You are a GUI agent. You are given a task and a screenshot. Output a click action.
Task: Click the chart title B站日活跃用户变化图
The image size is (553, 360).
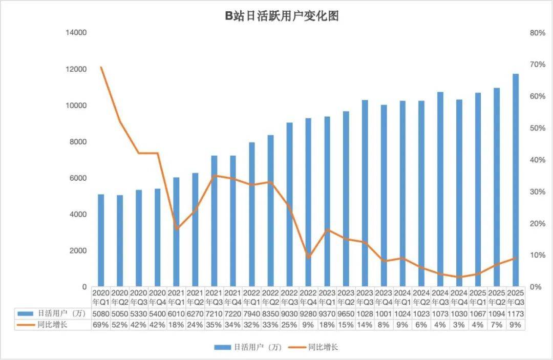pyautogui.click(x=282, y=16)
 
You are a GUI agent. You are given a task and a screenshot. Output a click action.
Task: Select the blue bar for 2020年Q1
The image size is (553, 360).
pyautogui.click(x=101, y=240)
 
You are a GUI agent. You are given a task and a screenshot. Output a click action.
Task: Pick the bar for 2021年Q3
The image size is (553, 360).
pyautogui.click(x=214, y=221)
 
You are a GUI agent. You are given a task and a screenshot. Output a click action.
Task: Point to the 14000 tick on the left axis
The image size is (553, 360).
pyautogui.click(x=76, y=33)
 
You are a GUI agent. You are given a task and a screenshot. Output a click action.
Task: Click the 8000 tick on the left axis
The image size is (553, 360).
pyautogui.click(x=78, y=142)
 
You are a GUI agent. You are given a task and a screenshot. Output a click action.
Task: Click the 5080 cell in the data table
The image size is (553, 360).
pyautogui.click(x=101, y=313)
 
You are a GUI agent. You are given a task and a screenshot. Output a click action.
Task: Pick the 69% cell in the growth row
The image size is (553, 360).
pyautogui.click(x=101, y=325)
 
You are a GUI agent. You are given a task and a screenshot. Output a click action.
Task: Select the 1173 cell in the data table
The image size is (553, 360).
pyautogui.click(x=516, y=313)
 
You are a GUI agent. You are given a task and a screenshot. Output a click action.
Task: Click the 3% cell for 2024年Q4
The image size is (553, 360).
pyautogui.click(x=459, y=325)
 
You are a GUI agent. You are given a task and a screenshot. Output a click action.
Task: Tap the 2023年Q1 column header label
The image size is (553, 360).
pyautogui.click(x=327, y=297)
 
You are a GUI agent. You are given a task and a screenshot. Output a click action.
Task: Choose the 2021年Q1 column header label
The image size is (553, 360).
pyautogui.click(x=176, y=297)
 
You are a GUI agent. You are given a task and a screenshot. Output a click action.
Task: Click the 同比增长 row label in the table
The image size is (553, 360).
pyautogui.click(x=51, y=325)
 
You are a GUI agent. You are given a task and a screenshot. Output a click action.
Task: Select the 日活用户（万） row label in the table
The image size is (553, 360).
pyautogui.click(x=51, y=313)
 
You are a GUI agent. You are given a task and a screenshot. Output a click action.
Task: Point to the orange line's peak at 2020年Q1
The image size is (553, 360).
pyautogui.click(x=101, y=68)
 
